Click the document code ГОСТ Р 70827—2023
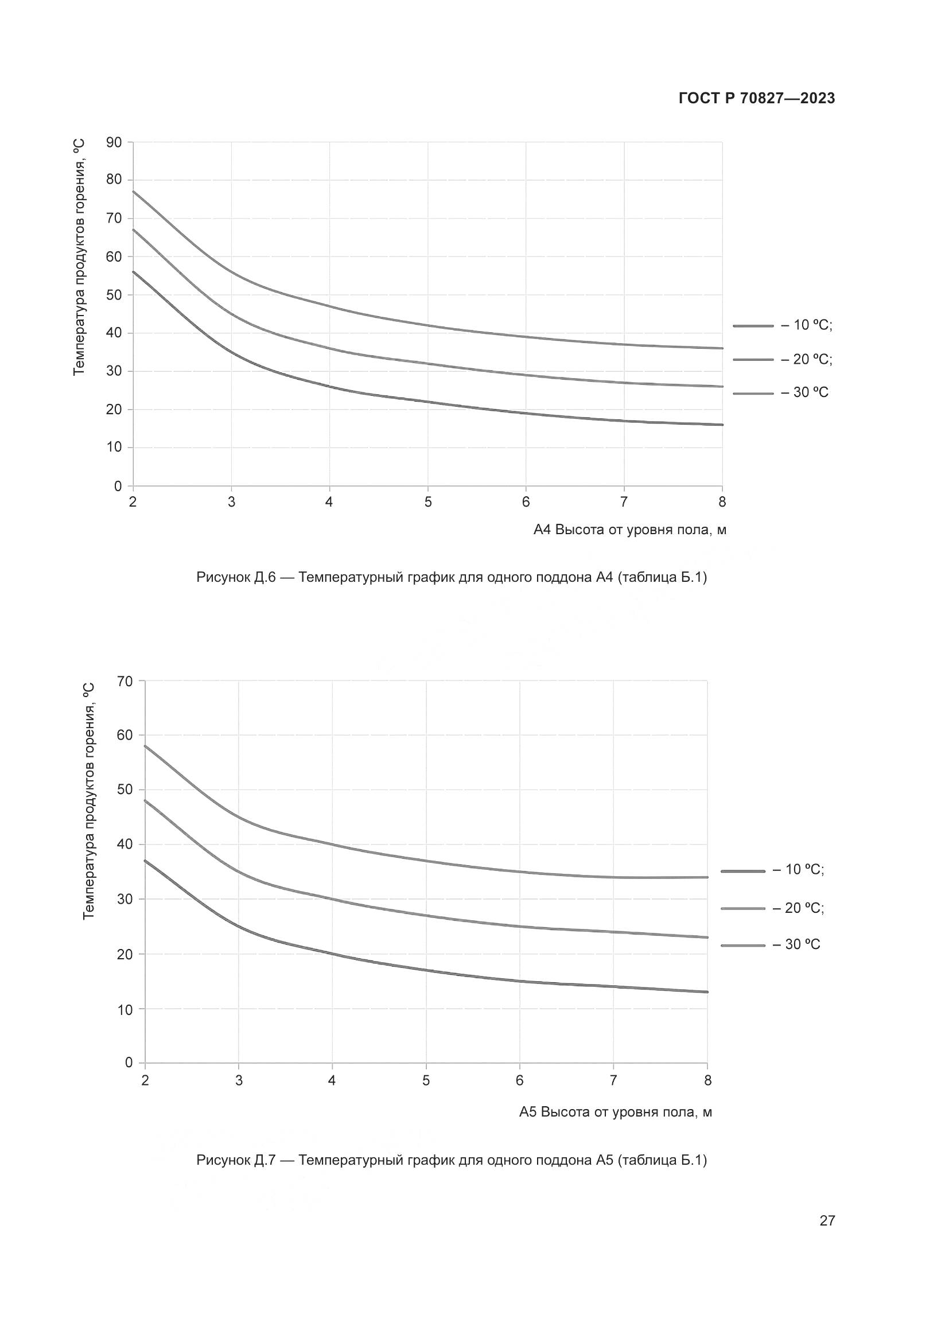click(757, 99)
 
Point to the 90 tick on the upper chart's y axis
click(114, 142)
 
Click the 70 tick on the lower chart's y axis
click(126, 681)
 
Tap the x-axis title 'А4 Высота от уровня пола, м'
click(630, 530)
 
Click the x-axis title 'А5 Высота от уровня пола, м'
click(616, 1112)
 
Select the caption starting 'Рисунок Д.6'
click(452, 578)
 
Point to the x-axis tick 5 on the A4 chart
click(428, 502)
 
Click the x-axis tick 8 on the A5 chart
click(707, 1081)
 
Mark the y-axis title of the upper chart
click(80, 257)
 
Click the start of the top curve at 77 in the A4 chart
click(134, 192)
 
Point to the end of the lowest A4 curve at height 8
click(722, 425)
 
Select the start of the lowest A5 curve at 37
click(146, 861)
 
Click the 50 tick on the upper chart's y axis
click(114, 295)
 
